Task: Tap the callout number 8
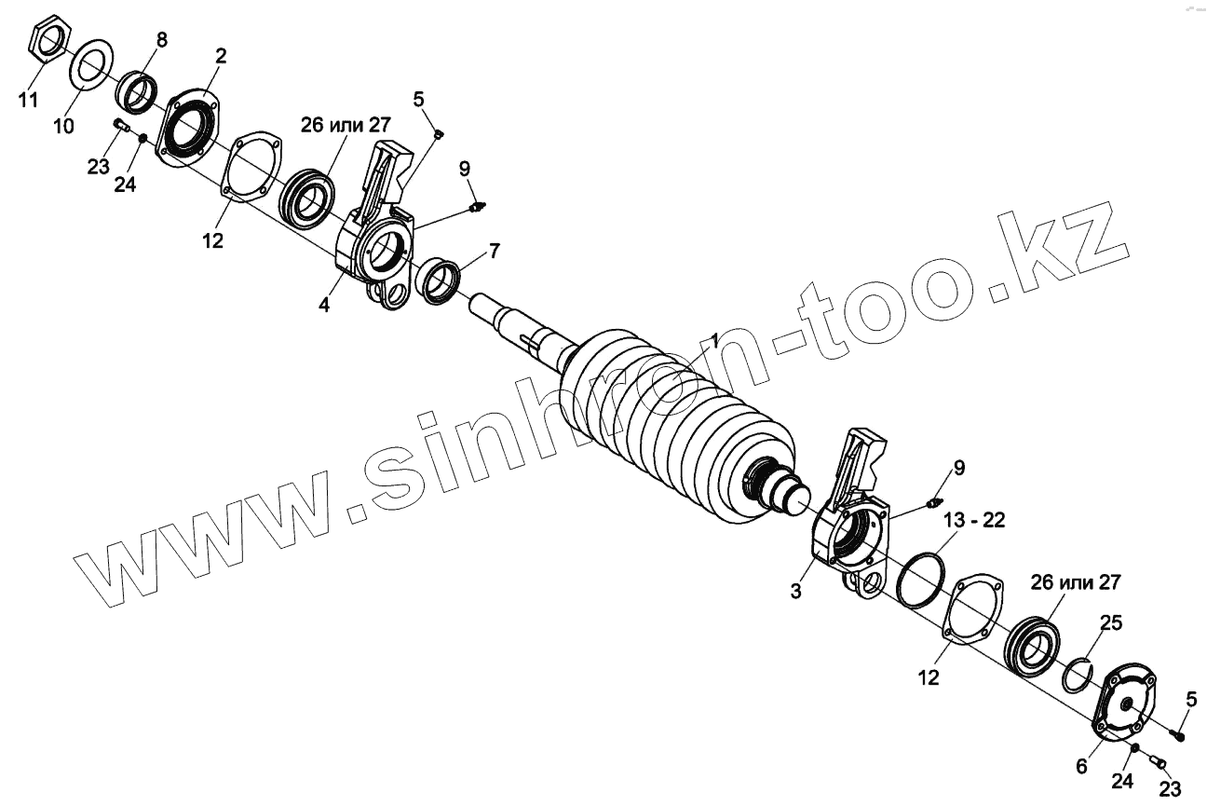click(x=162, y=39)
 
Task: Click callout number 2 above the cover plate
click(x=220, y=56)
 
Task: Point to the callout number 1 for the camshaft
click(x=714, y=341)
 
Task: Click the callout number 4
click(x=324, y=305)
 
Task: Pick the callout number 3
click(x=796, y=591)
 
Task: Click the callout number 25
click(x=1111, y=622)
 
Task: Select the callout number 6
click(x=1081, y=766)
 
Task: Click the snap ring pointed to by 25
click(x=1078, y=675)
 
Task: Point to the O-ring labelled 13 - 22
click(x=921, y=579)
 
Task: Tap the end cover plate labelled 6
click(x=1127, y=706)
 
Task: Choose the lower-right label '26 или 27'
click(x=1076, y=583)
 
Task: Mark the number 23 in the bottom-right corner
click(x=1170, y=788)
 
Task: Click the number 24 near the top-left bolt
click(x=126, y=184)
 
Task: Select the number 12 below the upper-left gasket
click(x=212, y=240)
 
